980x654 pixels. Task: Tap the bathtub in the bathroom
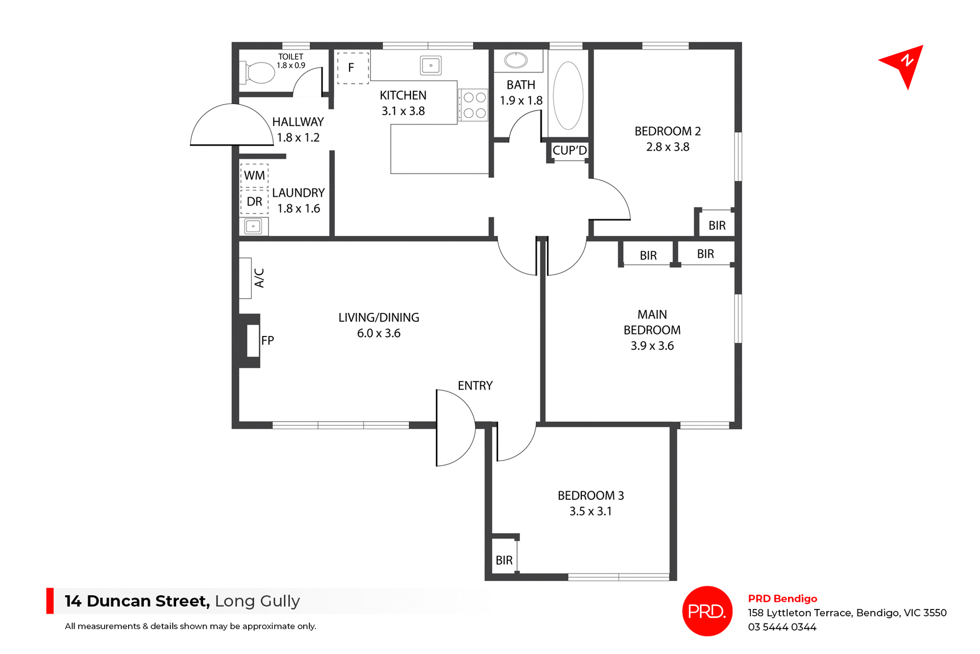[x=568, y=95]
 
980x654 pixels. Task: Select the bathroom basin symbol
[x=516, y=60]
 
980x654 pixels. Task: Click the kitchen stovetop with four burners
[x=474, y=105]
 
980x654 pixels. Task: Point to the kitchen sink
[x=431, y=65]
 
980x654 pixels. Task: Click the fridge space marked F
[x=352, y=67]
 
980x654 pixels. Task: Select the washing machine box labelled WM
[x=254, y=176]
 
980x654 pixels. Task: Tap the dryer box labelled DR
[x=254, y=202]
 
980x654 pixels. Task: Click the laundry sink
[x=253, y=226]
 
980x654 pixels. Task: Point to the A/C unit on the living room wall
[x=246, y=278]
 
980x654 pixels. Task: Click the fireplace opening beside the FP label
[x=253, y=341]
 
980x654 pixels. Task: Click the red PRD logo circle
[x=707, y=611]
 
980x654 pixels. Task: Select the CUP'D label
[x=570, y=151]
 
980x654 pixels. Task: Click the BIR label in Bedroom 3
[x=504, y=561]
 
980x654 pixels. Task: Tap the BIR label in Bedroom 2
[x=717, y=226]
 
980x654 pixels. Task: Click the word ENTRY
[x=475, y=386]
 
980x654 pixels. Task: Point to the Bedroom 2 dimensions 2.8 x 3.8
[x=667, y=147]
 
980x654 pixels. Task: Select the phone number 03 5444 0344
[x=782, y=627]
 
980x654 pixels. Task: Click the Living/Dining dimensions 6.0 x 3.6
[x=378, y=333]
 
